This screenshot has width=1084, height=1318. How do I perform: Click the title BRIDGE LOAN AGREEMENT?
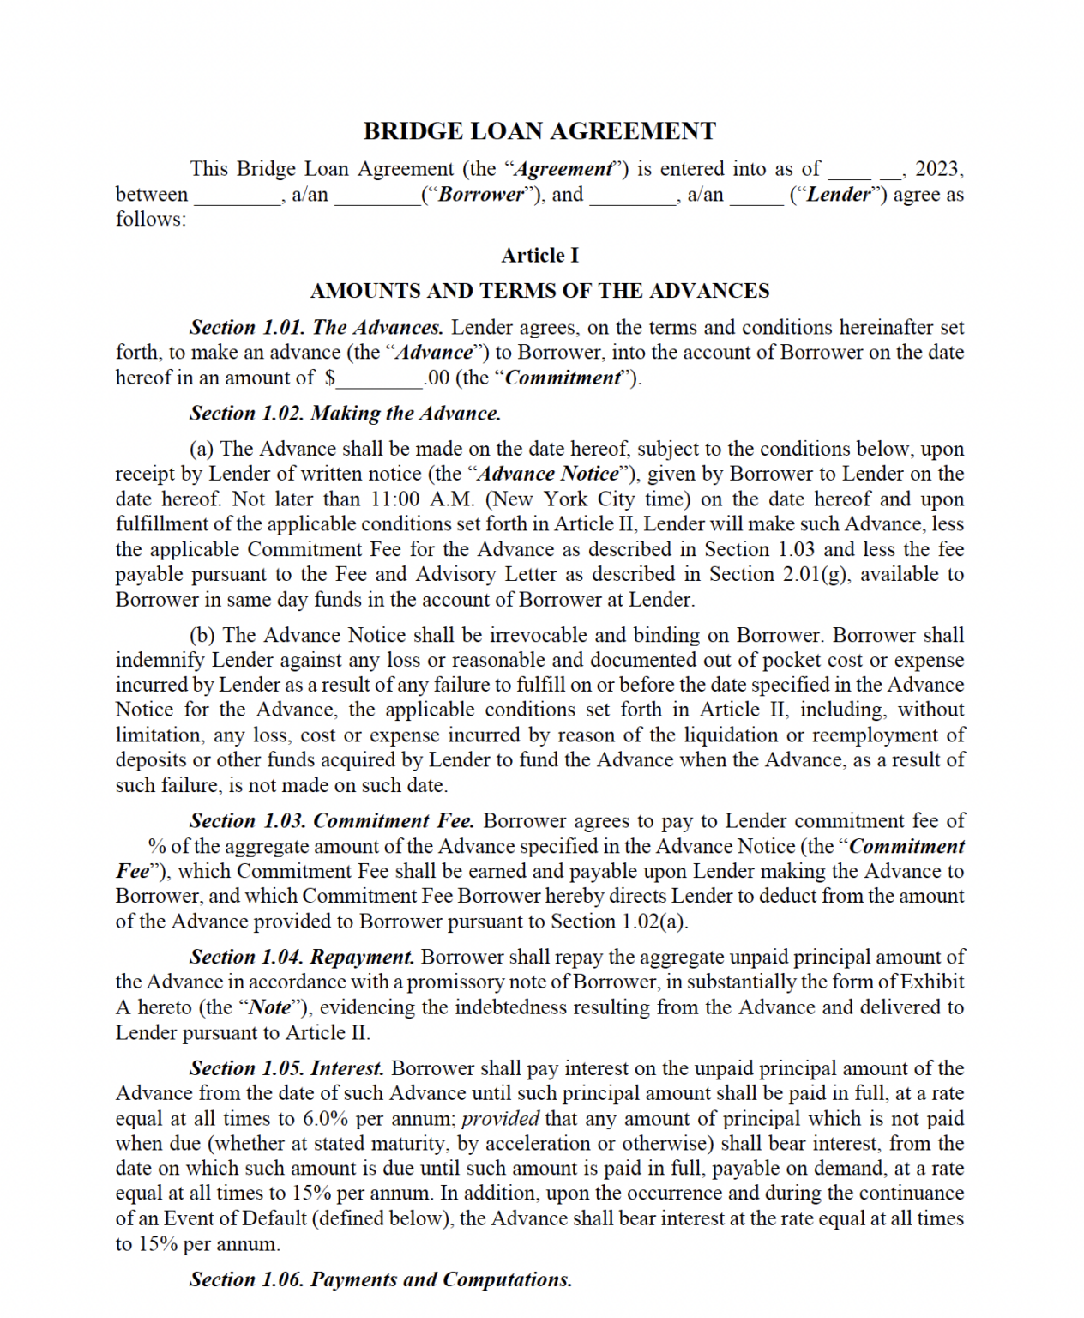[x=539, y=131]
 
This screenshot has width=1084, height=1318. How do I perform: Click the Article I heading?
[x=539, y=256]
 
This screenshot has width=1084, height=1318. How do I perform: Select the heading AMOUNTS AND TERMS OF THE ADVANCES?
[x=539, y=291]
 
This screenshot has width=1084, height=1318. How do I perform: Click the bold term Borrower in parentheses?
[x=481, y=195]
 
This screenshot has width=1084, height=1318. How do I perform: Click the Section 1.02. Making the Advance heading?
[x=345, y=414]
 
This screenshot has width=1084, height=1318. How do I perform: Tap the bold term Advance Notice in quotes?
[x=548, y=474]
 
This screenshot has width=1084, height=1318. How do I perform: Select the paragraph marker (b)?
[x=202, y=636]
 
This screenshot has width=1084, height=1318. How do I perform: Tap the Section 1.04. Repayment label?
[x=302, y=958]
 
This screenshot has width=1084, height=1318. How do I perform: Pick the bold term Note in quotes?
[x=269, y=1007]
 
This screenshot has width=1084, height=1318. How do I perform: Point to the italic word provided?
[x=500, y=1119]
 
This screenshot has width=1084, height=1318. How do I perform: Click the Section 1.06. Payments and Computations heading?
[x=381, y=1280]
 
